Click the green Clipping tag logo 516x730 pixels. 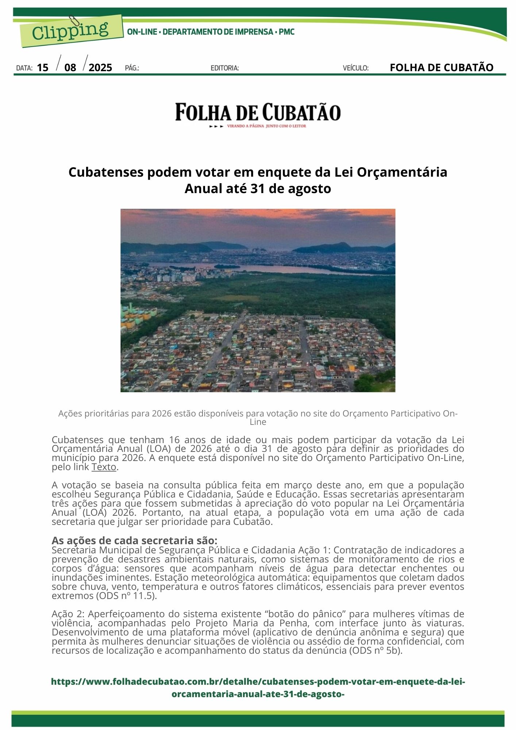(x=71, y=31)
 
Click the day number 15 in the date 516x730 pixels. (x=43, y=68)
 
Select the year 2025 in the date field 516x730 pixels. (x=100, y=68)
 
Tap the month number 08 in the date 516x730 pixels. (x=70, y=68)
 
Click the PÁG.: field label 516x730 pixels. (x=132, y=68)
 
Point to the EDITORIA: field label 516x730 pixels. (x=225, y=68)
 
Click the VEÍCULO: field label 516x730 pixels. (x=355, y=68)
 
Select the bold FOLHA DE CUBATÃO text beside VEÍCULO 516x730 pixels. (x=442, y=68)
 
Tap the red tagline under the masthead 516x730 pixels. (x=266, y=126)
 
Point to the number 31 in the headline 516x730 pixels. (x=258, y=189)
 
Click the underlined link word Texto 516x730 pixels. (x=104, y=467)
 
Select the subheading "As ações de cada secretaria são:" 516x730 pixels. (x=134, y=540)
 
